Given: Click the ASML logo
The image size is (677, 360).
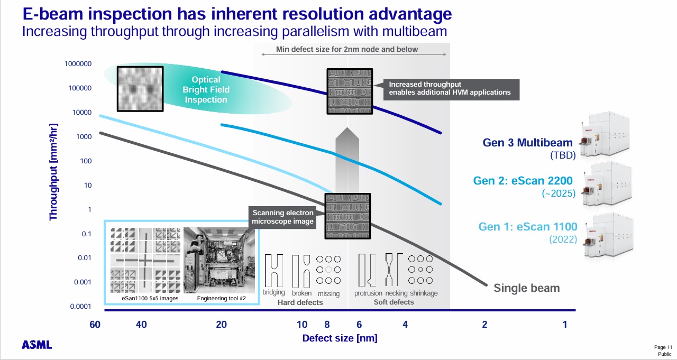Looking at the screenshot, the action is coord(36,345).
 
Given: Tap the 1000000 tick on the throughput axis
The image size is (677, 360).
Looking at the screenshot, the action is coord(78,64).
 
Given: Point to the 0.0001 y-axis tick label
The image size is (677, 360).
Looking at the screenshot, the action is coord(80,306).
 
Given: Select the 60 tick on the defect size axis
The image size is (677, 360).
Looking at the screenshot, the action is coord(95,325).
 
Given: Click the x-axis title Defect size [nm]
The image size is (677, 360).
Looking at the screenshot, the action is coord(340,338).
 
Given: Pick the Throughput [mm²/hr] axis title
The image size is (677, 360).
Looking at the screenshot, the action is coord(53,172).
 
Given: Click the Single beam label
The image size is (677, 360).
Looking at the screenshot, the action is coord(526,288).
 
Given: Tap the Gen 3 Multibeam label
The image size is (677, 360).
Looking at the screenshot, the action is coord(527,143).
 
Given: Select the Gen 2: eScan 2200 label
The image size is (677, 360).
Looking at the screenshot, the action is coord(523,181).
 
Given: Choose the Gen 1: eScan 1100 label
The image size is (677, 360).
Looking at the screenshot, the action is coord(528,226).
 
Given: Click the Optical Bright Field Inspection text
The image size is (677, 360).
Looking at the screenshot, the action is coord(206,89).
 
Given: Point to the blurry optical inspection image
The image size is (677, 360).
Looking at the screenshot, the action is coord(140,89).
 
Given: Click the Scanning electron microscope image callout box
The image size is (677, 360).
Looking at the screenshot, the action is coord(282,217).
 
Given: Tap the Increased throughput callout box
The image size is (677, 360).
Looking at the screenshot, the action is coord(451,89).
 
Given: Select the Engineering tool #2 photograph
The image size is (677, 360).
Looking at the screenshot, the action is coord(219,260).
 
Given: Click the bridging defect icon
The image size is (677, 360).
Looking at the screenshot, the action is coord(274,271).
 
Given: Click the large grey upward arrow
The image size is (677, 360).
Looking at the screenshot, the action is coord(347,160).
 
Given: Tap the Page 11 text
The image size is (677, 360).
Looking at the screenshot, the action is coord(663,347).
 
